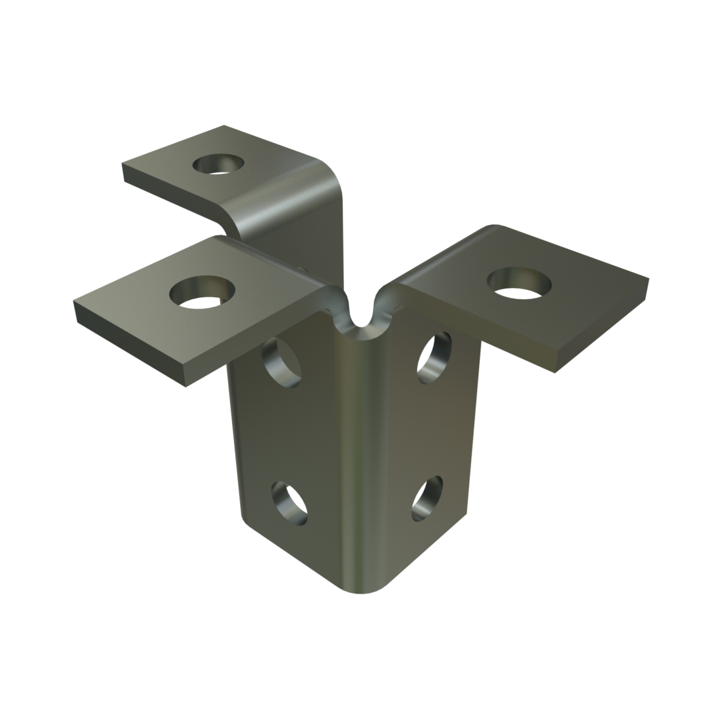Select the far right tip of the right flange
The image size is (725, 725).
(649, 281)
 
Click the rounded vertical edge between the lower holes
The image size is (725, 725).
(359, 501)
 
